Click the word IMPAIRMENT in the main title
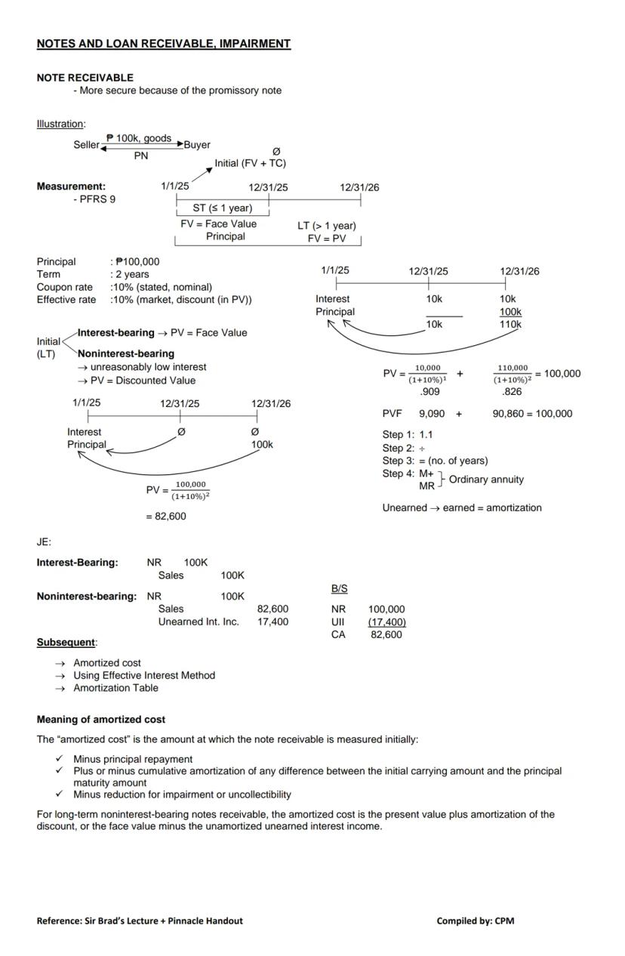coord(253,44)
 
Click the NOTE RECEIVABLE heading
coord(85,78)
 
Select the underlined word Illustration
coord(60,124)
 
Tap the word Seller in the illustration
coord(86,145)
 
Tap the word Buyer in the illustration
coord(197,145)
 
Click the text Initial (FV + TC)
coord(250,163)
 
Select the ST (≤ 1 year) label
coord(222,208)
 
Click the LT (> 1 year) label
coord(326,226)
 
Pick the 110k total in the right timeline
coord(510,325)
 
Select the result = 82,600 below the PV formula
coord(165,517)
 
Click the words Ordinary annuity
coord(486,480)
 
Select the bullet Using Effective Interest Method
coord(143,676)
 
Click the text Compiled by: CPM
coord(475,921)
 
